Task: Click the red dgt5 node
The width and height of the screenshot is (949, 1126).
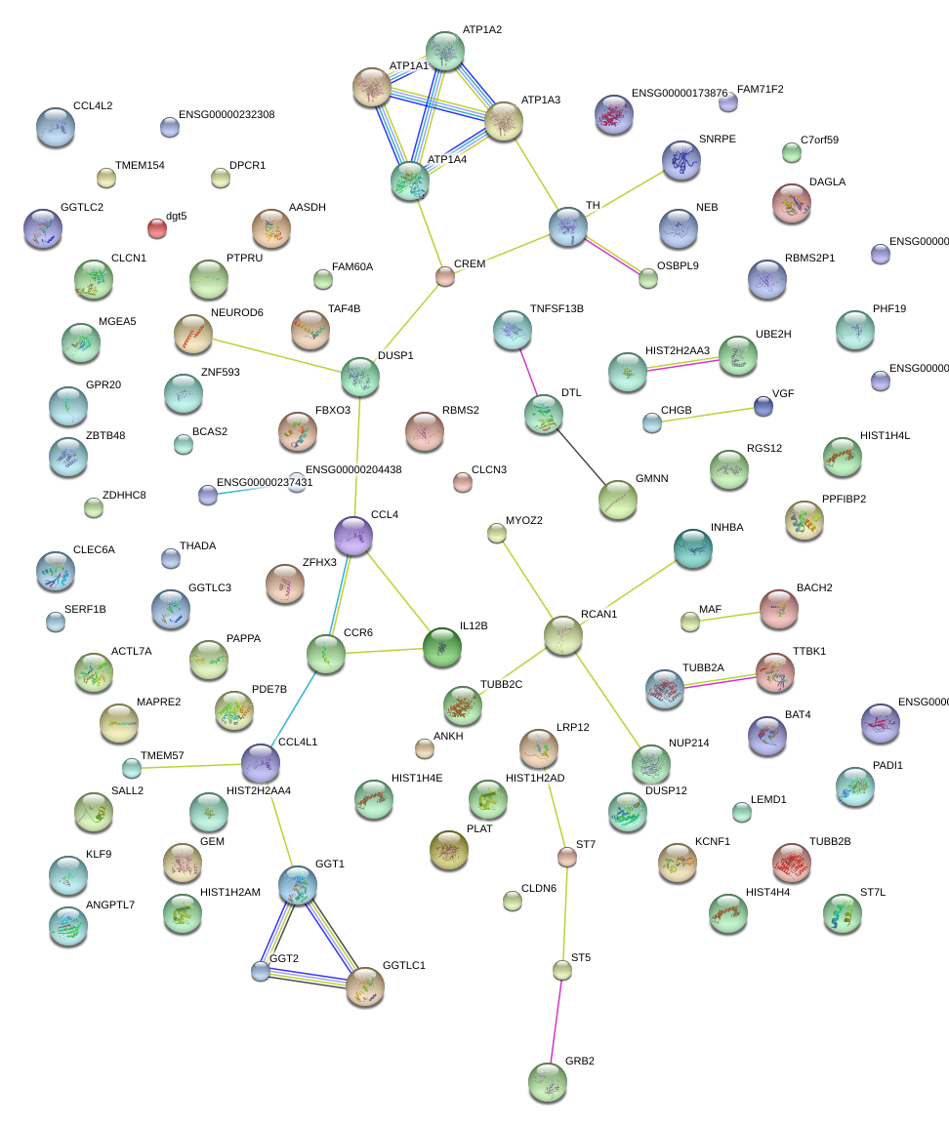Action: tap(156, 228)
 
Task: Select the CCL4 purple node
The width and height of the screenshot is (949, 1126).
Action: tap(353, 535)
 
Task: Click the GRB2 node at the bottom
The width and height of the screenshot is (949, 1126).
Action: tap(548, 1081)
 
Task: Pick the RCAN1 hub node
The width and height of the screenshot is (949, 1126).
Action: tap(563, 635)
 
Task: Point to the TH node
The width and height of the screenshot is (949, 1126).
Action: tap(568, 225)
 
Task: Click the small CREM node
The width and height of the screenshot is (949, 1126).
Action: tap(445, 276)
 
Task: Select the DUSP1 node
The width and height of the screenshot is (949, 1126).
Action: tap(360, 377)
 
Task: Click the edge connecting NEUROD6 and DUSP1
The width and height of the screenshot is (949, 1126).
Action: tap(277, 355)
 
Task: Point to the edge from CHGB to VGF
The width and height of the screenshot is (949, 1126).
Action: tap(708, 415)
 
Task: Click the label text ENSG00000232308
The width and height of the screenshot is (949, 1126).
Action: tap(227, 114)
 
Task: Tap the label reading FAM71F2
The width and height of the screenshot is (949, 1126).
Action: tap(761, 89)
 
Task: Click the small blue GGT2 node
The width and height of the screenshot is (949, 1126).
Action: tap(260, 971)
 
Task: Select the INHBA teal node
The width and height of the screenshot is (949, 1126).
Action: tap(693, 548)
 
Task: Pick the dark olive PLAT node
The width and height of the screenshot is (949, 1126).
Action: tap(449, 850)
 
